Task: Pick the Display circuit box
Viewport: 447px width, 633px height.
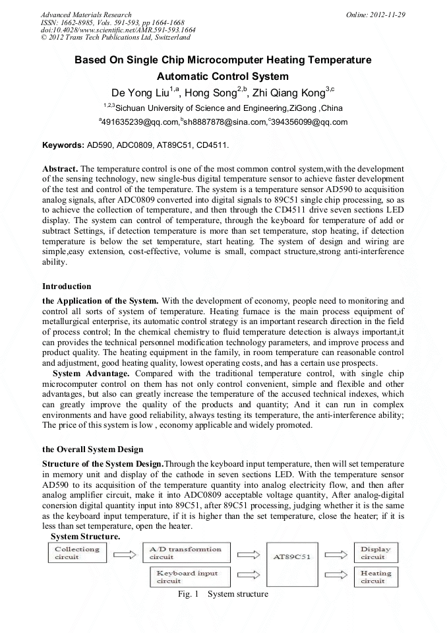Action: pyautogui.click(x=376, y=553)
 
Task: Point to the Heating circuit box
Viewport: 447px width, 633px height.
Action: pyautogui.click(x=376, y=576)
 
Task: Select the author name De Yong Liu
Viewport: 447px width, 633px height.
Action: pyautogui.click(x=138, y=92)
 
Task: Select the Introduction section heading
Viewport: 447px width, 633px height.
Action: pyautogui.click(x=67, y=286)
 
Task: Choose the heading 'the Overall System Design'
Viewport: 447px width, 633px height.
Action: pyautogui.click(x=92, y=450)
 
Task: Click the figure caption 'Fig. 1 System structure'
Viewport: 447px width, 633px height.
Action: pyautogui.click(x=223, y=594)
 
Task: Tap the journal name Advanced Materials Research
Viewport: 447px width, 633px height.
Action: pyautogui.click(x=86, y=15)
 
